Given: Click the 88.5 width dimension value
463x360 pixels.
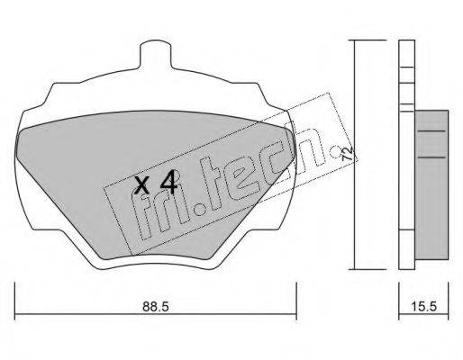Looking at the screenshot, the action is tap(156, 307).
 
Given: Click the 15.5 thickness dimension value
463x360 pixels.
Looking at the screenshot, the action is tap(423, 307).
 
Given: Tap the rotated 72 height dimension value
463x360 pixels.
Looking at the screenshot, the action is tap(349, 153).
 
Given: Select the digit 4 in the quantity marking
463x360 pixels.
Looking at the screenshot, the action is tap(168, 182).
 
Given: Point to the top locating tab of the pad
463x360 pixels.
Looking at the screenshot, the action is tap(156, 56).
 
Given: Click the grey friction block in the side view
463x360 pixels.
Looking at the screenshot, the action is tap(431, 184).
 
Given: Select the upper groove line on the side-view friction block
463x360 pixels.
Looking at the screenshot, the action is tap(431, 131).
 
